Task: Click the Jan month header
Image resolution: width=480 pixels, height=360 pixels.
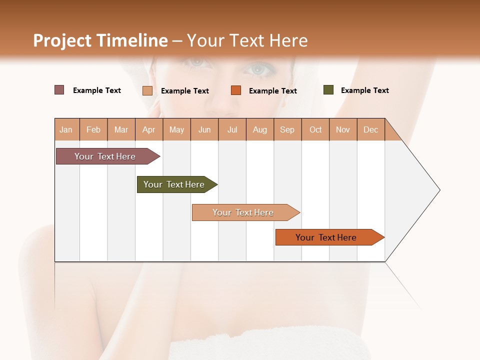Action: (66, 129)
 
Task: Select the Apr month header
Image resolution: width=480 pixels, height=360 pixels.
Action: (148, 129)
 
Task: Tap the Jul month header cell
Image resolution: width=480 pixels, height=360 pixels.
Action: (232, 129)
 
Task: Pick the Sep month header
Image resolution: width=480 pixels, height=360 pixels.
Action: (287, 129)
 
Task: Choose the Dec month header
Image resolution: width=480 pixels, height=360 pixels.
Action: (370, 129)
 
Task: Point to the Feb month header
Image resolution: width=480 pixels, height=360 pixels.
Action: (93, 129)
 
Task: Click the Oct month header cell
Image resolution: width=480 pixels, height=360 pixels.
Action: (315, 129)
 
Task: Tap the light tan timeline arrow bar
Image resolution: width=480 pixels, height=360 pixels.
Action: (243, 212)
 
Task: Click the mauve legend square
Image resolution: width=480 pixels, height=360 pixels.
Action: (59, 90)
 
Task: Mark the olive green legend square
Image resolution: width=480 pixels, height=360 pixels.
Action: (328, 90)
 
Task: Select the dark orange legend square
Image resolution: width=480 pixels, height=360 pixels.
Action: (236, 90)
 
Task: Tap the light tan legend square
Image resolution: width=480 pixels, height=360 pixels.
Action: (147, 90)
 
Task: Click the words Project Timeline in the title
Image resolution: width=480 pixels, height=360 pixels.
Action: (100, 40)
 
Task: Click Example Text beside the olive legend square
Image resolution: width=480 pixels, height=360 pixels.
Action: (364, 90)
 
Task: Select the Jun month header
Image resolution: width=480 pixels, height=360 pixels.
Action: (204, 129)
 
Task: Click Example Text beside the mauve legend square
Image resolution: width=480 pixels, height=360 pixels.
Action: (96, 90)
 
